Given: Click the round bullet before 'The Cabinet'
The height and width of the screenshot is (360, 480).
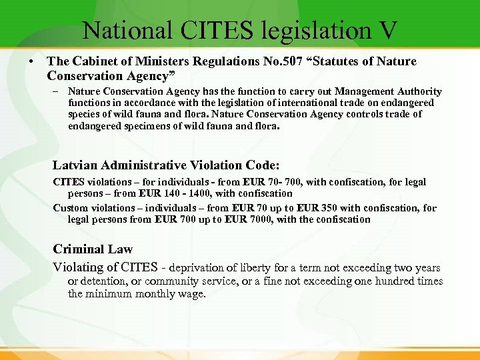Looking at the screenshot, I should (x=31, y=62).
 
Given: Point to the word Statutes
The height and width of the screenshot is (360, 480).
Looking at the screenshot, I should (x=333, y=61).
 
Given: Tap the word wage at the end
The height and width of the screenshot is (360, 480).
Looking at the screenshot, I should (x=191, y=293).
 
